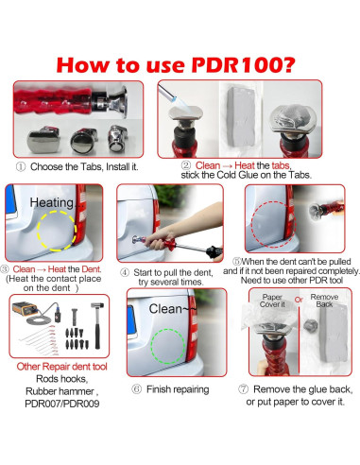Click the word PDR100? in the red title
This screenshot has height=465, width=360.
244,64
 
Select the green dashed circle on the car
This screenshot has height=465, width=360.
151,347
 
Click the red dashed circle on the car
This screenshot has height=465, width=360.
252,224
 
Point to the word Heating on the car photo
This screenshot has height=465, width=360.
52,202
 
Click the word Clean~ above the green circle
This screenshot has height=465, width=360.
170,309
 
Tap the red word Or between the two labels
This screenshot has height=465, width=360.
299,300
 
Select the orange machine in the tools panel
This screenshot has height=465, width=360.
25,309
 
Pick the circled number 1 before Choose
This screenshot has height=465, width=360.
21,166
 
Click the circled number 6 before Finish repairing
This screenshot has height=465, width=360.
136,389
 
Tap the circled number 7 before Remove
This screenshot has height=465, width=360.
243,389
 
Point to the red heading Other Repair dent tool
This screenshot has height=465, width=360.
61,367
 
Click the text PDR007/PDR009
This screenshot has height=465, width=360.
62,404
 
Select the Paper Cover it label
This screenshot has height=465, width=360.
272,301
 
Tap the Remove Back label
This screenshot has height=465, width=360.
324,301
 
